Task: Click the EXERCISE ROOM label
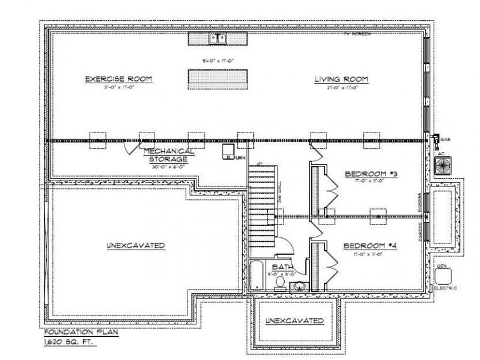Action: [x=119, y=79]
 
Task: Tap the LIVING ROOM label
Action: [x=341, y=79]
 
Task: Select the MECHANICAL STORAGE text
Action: [x=168, y=155]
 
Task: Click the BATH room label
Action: [x=282, y=267]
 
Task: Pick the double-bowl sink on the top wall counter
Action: [x=218, y=38]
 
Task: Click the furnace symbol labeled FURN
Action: [x=229, y=151]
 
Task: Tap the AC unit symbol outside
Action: [x=442, y=166]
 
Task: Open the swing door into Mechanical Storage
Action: [x=131, y=147]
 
